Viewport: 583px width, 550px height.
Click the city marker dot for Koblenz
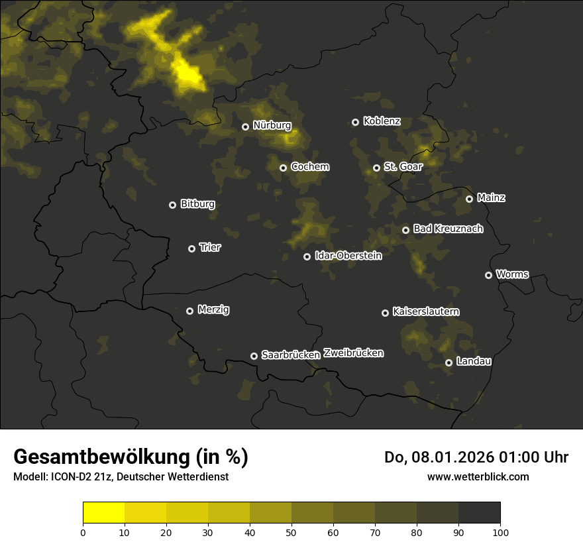355,122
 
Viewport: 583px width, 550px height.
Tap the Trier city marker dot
192,248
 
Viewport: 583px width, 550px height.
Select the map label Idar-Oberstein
348,255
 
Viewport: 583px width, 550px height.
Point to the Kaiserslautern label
426,311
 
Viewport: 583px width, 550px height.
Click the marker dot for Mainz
469,199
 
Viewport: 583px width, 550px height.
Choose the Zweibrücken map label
353,353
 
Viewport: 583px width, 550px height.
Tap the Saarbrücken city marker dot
254,356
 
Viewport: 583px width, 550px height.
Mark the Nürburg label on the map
272,125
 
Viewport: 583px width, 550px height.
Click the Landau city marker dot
449,362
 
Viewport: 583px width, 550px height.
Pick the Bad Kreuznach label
448,229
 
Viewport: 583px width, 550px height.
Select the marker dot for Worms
488,275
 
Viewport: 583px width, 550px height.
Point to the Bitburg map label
197,204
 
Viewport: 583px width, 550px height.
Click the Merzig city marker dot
189,311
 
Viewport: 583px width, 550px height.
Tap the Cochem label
309,166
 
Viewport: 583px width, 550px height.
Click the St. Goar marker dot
376,168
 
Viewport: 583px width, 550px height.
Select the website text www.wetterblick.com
478,476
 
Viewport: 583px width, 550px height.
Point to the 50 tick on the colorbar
291,531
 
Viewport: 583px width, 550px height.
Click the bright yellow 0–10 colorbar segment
103,513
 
